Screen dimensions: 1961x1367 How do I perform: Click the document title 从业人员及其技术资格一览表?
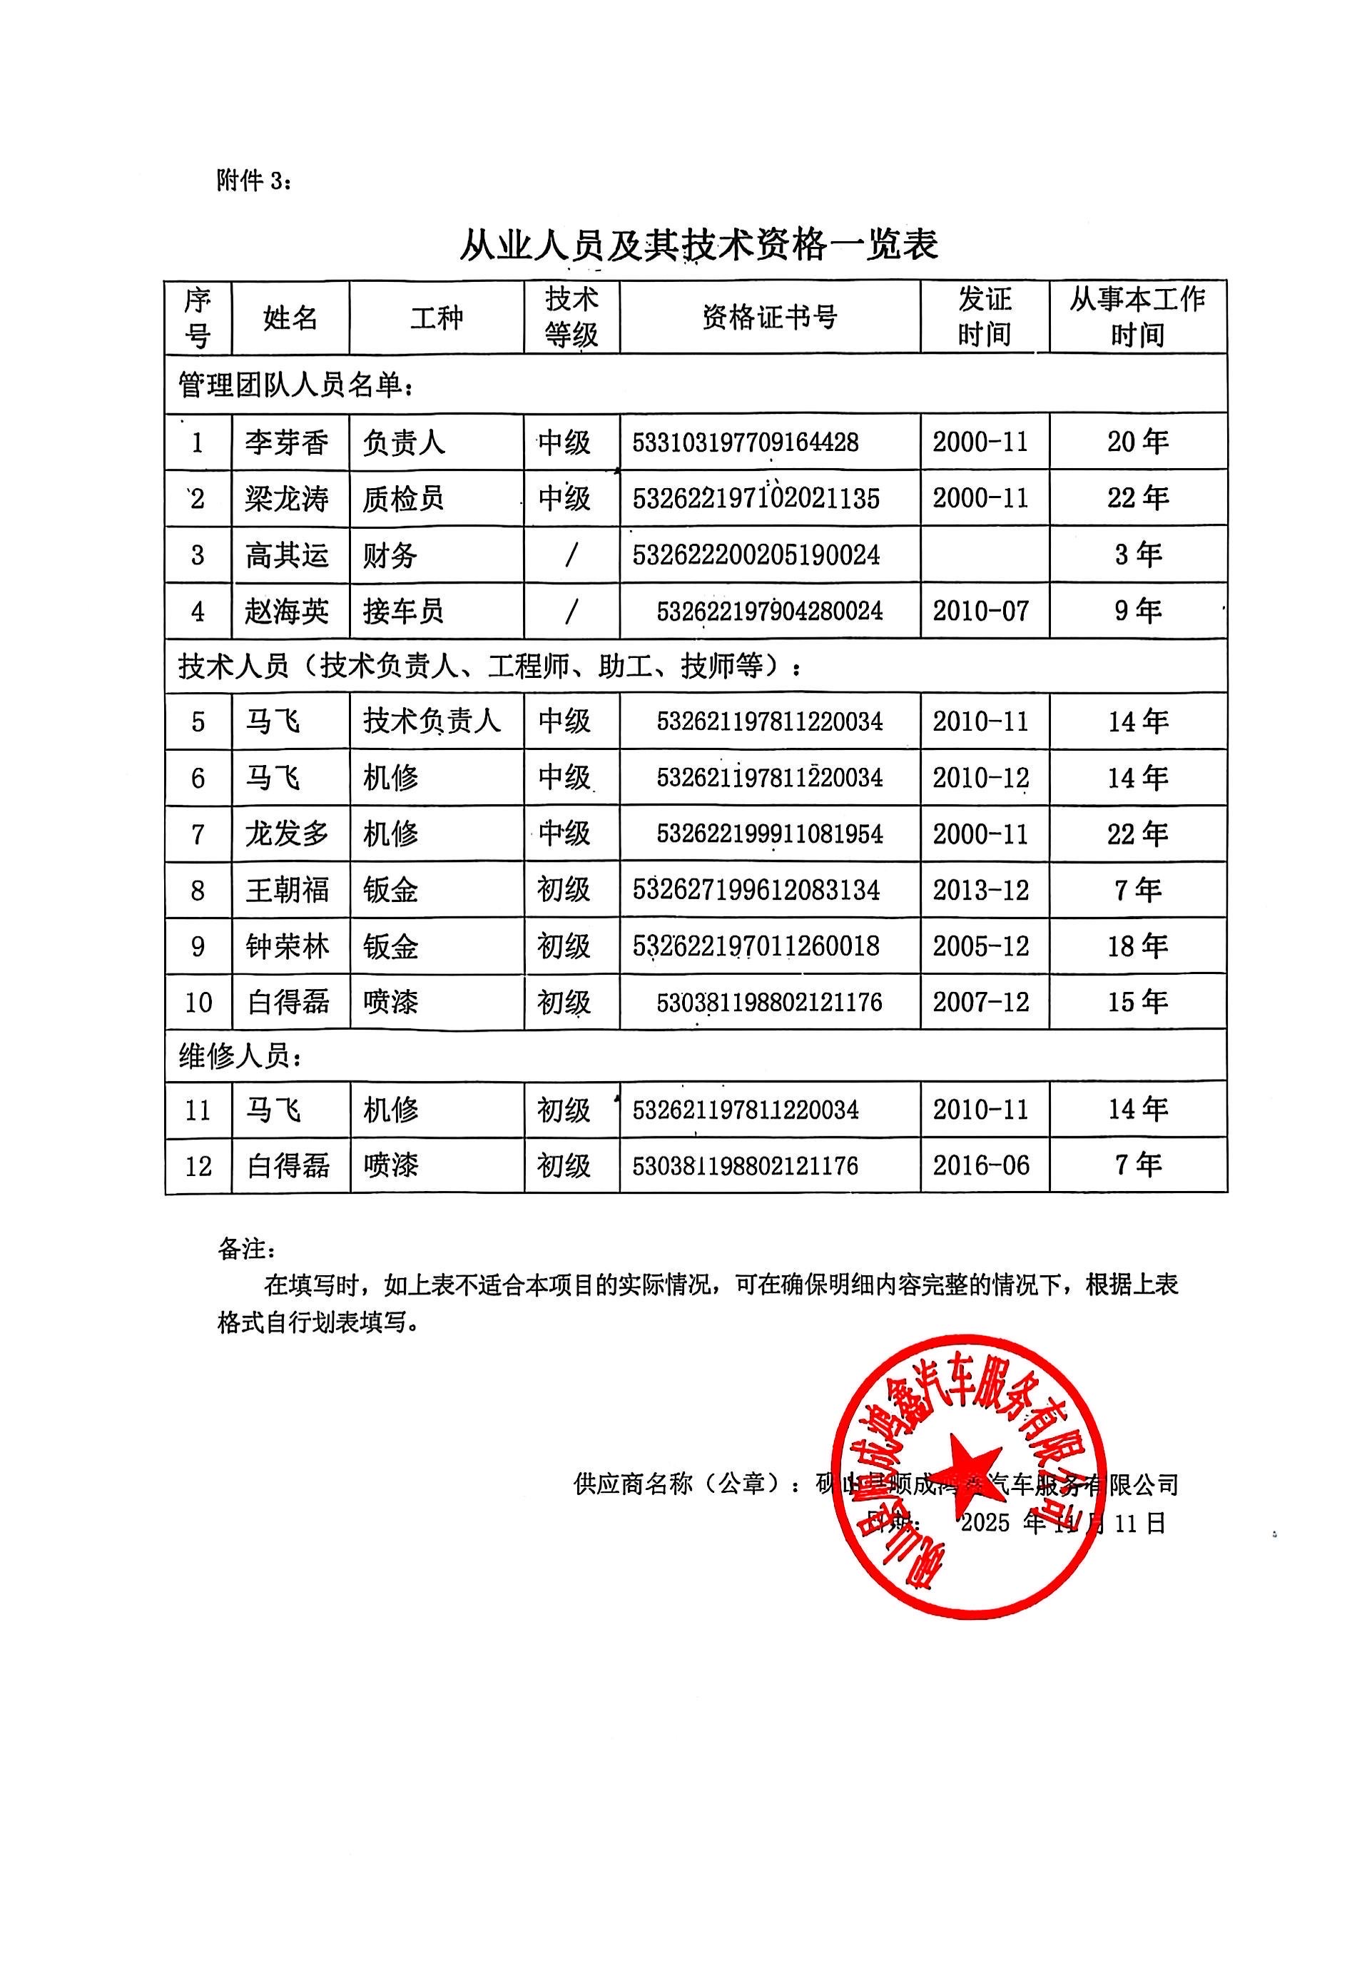click(x=698, y=245)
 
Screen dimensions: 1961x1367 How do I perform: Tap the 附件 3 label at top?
click(x=253, y=181)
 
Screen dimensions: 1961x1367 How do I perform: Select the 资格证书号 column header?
click(x=769, y=318)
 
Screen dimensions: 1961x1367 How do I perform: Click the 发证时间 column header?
click(x=984, y=317)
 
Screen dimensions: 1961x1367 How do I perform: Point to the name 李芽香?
click(x=287, y=442)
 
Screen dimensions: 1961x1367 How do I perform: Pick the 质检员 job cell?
click(x=403, y=499)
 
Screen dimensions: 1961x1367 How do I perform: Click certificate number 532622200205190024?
click(x=756, y=555)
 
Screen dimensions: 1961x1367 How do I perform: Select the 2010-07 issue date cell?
click(x=980, y=612)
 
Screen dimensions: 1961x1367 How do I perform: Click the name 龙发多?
click(x=287, y=833)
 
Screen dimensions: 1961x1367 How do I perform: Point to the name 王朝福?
click(x=287, y=890)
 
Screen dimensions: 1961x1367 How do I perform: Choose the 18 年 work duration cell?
click(x=1137, y=946)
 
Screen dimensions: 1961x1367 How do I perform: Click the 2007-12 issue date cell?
click(x=980, y=1002)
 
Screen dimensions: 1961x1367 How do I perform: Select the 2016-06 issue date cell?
click(x=980, y=1166)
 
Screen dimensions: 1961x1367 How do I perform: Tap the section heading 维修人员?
click(x=240, y=1057)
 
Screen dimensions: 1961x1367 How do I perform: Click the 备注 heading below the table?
click(x=247, y=1250)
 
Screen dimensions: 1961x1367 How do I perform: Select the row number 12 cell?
click(x=198, y=1166)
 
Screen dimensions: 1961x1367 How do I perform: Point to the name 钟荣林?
click(x=287, y=946)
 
